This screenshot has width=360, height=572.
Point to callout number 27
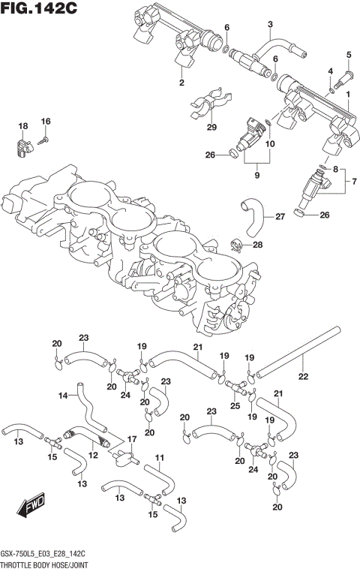pyautogui.click(x=279, y=217)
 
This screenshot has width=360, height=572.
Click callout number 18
pyautogui.click(x=22, y=125)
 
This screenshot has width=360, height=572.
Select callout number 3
pyautogui.click(x=270, y=26)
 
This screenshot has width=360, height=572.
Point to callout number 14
pyautogui.click(x=64, y=395)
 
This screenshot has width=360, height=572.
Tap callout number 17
pyautogui.click(x=131, y=439)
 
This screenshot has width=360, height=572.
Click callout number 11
pyautogui.click(x=159, y=458)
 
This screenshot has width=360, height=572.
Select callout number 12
pyautogui.click(x=93, y=455)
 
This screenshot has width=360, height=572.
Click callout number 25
pyautogui.click(x=235, y=406)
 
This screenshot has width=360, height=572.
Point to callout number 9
pyautogui.click(x=256, y=175)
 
